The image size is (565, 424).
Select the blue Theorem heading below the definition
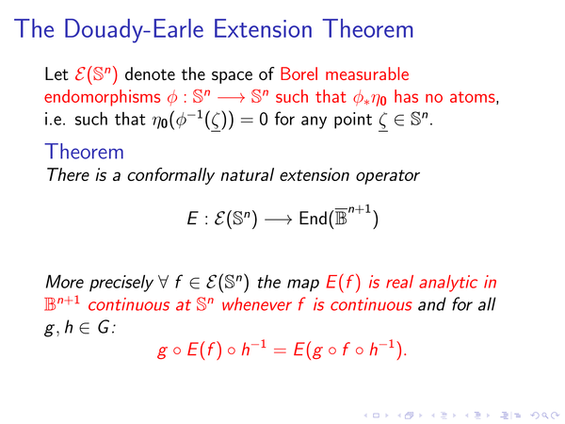pos(85,152)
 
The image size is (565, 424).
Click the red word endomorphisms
pos(103,97)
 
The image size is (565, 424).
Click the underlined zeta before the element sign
pos(383,122)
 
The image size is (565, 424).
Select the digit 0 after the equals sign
pos(264,120)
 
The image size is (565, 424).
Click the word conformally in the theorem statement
pos(170,175)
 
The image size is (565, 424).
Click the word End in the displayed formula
pos(314,219)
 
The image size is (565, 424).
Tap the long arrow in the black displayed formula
pos(278,220)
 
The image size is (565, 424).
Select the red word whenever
pos(256,305)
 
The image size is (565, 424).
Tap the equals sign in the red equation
pos(280,351)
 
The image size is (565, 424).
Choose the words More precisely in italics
pos(99,283)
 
